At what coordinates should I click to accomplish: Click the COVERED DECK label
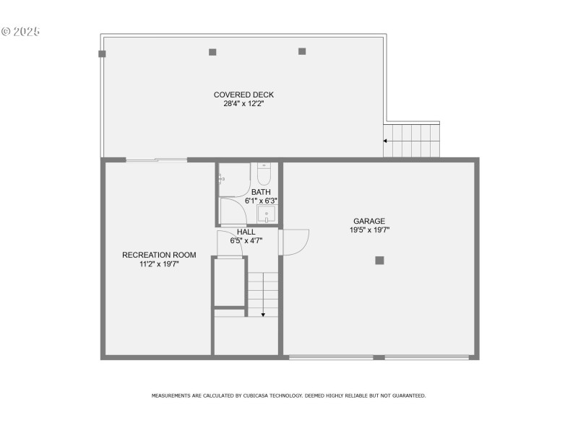click(x=243, y=95)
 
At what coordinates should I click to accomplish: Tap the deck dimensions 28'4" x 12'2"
click(x=243, y=103)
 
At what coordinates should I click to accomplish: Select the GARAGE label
click(x=368, y=222)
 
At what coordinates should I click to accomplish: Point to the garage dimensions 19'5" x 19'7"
click(x=368, y=230)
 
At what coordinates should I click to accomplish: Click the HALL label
click(x=246, y=232)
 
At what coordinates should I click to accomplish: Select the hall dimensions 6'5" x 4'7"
click(x=246, y=240)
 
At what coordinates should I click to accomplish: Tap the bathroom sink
click(x=267, y=214)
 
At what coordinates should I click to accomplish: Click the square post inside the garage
click(x=379, y=261)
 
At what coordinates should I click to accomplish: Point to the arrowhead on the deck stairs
click(x=385, y=141)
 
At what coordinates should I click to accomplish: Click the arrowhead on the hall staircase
click(x=264, y=314)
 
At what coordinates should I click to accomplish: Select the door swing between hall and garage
click(x=295, y=241)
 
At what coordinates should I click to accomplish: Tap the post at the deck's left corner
click(x=103, y=53)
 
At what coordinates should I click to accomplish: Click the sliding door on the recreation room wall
click(x=156, y=159)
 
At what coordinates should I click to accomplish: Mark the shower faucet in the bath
click(x=220, y=178)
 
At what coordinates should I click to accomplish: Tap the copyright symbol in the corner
click(x=7, y=32)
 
